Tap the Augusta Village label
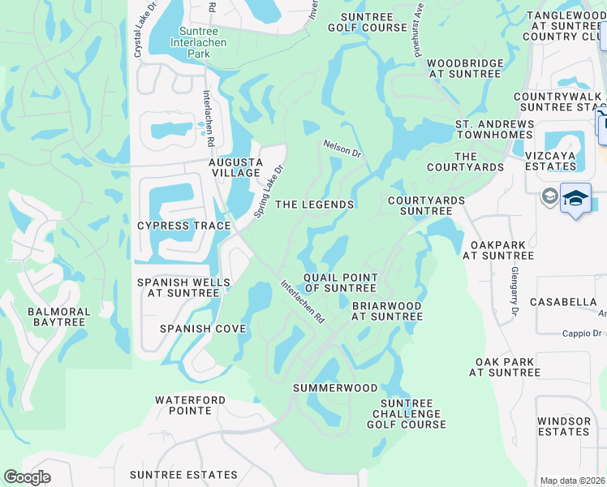(x=235, y=167)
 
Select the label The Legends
(x=314, y=205)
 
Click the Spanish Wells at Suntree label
(x=183, y=287)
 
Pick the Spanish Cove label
(x=203, y=329)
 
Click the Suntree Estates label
(x=183, y=475)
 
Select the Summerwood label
(x=335, y=388)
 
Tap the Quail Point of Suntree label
(x=340, y=282)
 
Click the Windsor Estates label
(x=563, y=426)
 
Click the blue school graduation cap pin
(x=575, y=199)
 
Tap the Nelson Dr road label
(x=342, y=148)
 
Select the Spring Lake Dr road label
(x=268, y=192)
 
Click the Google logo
(x=27, y=477)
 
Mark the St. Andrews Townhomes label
(x=494, y=130)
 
